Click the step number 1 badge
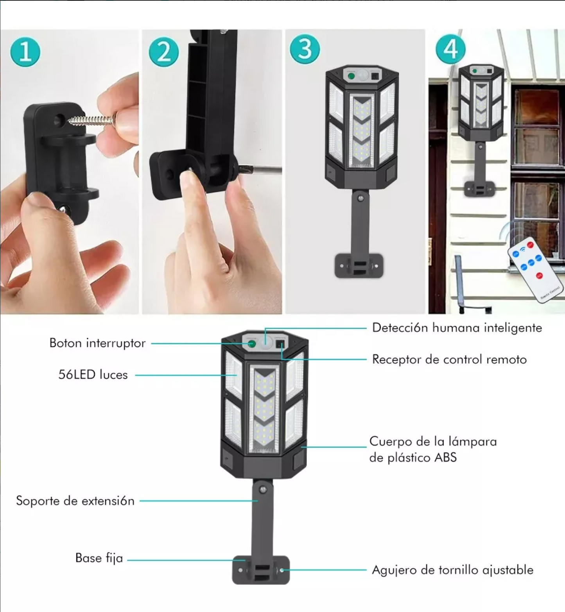click(25, 51)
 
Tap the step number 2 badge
click(164, 52)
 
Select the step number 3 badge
click(305, 49)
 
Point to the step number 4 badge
click(451, 49)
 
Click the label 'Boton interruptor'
click(97, 343)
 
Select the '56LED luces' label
click(93, 375)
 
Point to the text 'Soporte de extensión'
click(75, 501)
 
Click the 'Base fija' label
click(99, 558)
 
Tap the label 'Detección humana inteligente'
click(457, 327)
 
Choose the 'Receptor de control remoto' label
click(449, 359)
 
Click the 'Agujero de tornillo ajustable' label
click(453, 570)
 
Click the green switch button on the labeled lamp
click(252, 344)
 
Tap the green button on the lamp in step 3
click(351, 76)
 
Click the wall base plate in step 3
click(359, 266)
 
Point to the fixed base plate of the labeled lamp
click(261, 570)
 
